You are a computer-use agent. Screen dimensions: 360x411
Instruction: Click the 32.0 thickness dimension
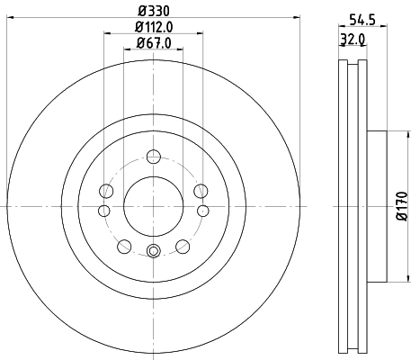point(353,40)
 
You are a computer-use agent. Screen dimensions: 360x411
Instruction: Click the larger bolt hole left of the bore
point(107,191)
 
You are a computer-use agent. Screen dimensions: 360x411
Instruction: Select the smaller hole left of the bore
point(103,211)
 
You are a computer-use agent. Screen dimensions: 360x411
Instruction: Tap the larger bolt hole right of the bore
point(200,191)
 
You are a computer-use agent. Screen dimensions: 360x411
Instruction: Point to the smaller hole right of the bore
point(202,211)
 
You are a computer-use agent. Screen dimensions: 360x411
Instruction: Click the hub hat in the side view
point(377,208)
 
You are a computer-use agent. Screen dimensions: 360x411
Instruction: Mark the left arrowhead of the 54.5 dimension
point(340,28)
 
